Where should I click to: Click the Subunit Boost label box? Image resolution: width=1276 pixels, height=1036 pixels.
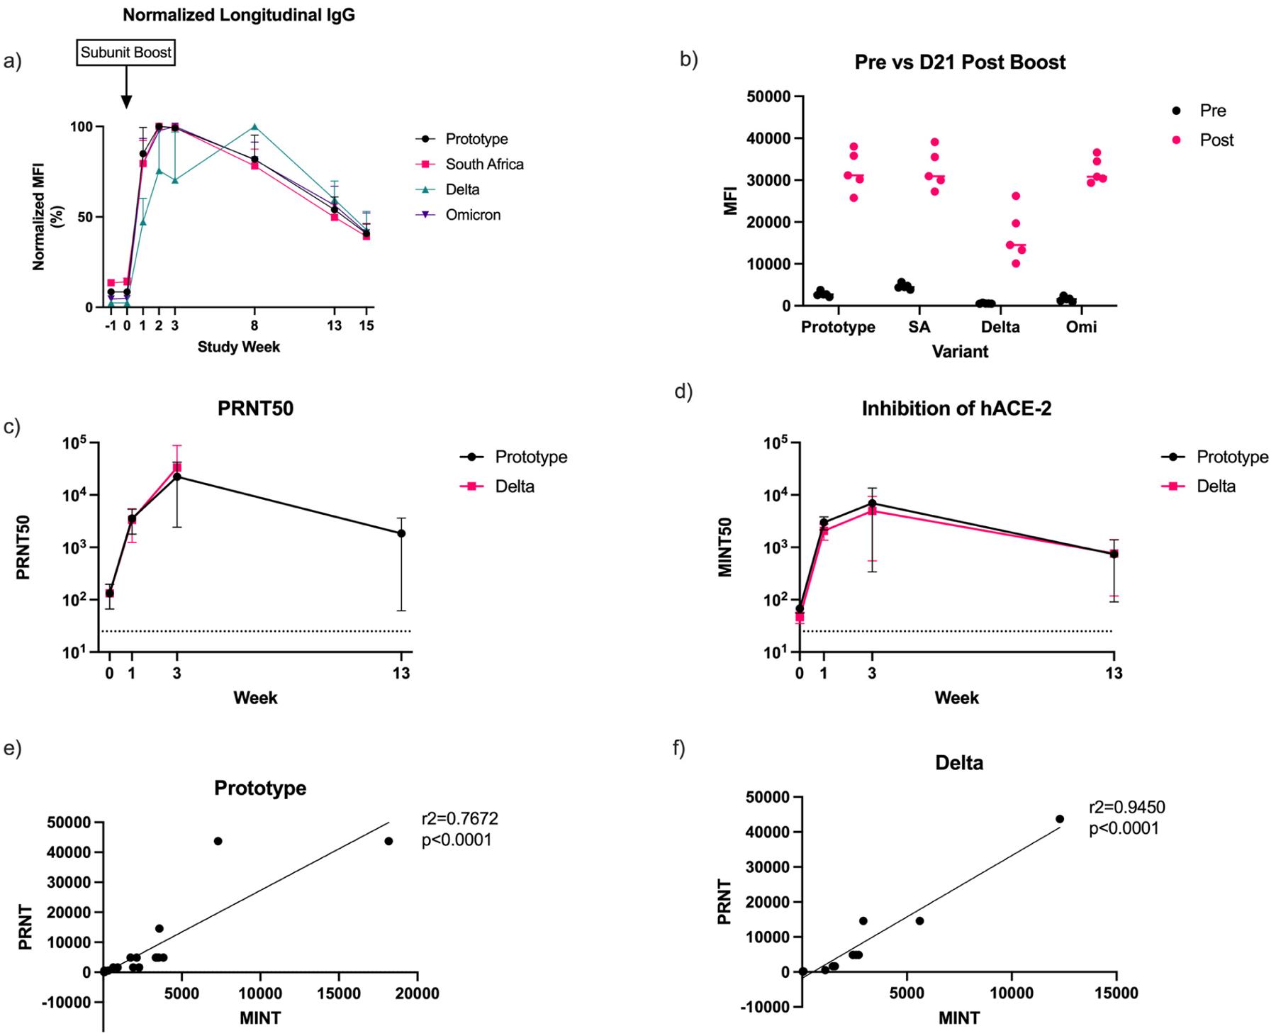point(125,52)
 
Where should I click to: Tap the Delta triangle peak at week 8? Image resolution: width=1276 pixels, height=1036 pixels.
point(254,127)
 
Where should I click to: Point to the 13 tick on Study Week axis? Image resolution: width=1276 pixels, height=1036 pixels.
point(334,325)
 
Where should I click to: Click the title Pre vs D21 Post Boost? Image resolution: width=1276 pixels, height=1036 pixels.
point(960,62)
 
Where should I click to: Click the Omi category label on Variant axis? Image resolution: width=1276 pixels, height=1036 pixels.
point(1082,327)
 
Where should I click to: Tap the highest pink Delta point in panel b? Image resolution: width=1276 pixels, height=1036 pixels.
point(1015,196)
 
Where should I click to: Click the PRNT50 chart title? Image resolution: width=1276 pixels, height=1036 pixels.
point(255,408)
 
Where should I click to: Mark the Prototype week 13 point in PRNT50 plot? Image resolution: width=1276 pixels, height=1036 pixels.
point(401,533)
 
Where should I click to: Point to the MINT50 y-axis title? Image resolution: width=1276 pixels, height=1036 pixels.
point(725,547)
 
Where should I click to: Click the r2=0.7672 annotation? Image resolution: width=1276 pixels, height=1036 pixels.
point(459,819)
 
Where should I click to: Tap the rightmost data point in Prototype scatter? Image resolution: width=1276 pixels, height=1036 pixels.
point(388,841)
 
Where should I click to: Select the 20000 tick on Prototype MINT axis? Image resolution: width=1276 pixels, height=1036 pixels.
point(416,994)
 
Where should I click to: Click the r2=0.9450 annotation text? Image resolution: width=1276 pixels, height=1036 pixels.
point(1126,808)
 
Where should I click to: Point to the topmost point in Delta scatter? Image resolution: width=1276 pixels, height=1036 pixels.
point(1060,818)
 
